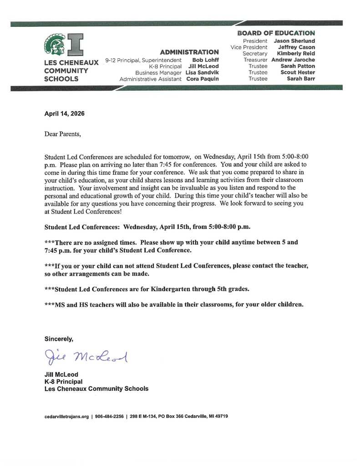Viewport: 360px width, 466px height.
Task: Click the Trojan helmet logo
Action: [x=54, y=45]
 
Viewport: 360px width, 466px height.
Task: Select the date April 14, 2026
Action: [x=64, y=114]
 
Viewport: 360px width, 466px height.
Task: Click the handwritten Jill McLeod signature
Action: [x=86, y=357]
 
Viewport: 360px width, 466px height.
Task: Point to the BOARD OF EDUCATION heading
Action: [x=276, y=33]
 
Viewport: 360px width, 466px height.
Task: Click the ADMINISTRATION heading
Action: [x=189, y=52]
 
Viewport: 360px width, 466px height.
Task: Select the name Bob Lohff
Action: [x=205, y=60]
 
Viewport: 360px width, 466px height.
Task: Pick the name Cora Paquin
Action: [x=203, y=79]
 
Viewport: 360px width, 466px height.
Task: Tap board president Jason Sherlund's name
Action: [x=294, y=41]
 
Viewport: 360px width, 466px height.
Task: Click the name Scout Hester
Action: [x=298, y=72]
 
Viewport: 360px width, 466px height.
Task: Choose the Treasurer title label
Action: [x=255, y=60]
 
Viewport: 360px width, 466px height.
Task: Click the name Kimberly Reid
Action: [x=296, y=53]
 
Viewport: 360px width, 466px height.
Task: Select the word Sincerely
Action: [x=59, y=339]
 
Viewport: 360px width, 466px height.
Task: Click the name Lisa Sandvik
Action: [x=202, y=73]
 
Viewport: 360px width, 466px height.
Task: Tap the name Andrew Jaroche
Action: [x=293, y=60]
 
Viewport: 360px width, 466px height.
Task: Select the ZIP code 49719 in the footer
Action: [x=221, y=416]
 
